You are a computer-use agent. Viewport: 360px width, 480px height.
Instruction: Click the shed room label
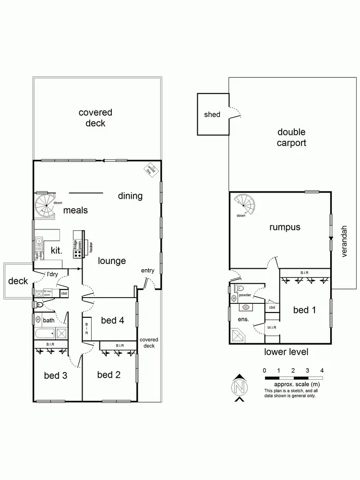point(212,114)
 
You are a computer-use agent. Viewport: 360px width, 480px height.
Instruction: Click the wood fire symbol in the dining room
point(152,170)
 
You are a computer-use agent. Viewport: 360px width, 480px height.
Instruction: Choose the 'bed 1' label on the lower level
point(304,310)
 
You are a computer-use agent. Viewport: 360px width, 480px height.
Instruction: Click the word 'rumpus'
point(285,228)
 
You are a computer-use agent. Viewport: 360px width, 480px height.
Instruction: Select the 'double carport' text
point(291,137)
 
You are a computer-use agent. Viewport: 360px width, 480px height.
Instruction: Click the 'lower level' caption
point(286,352)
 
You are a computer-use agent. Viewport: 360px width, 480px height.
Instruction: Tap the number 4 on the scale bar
point(322,370)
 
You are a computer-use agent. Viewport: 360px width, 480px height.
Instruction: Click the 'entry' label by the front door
point(147,271)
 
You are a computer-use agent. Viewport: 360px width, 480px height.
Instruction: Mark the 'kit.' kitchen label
point(57,250)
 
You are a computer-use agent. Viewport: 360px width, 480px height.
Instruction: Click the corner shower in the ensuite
point(239,335)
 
